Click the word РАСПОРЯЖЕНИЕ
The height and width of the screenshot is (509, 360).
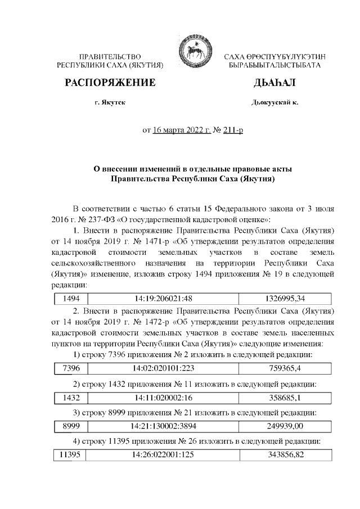(x=111, y=83)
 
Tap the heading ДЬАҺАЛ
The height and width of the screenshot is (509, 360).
(x=274, y=83)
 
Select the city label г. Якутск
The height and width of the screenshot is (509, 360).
(x=111, y=103)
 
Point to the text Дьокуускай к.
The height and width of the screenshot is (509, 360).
(x=274, y=103)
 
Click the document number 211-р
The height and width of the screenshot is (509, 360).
(x=233, y=130)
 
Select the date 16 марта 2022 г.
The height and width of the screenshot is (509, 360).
(x=181, y=130)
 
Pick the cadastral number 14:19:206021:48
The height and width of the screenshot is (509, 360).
(x=164, y=298)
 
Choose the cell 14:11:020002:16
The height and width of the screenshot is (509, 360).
(x=164, y=398)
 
